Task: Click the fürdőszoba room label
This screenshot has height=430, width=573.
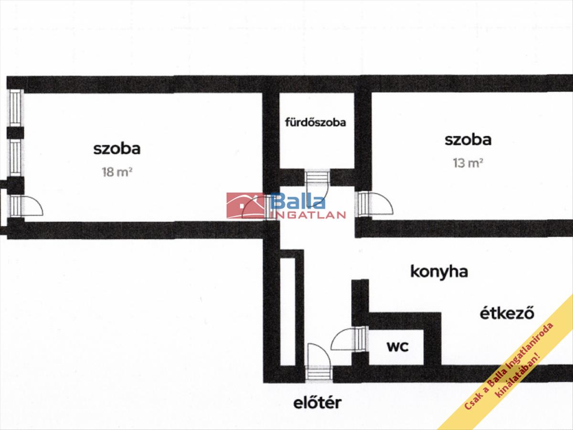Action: click(315, 122)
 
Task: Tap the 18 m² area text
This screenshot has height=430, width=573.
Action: click(117, 172)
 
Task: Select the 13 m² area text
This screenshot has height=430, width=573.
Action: click(468, 163)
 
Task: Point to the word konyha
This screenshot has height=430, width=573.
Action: click(439, 272)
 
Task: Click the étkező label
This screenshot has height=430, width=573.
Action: click(506, 314)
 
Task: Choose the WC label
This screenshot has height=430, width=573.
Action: click(397, 347)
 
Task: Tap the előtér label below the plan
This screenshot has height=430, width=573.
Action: click(318, 403)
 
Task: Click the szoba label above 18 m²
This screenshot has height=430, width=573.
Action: click(117, 149)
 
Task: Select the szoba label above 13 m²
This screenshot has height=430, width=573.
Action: click(468, 140)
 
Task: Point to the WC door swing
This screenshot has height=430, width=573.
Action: click(348, 339)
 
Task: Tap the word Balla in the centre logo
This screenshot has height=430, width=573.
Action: click(298, 201)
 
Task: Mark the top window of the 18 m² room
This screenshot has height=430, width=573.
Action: click(16, 107)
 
